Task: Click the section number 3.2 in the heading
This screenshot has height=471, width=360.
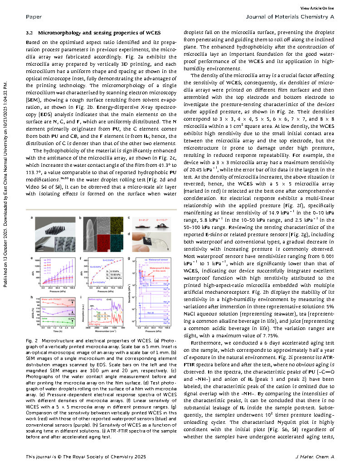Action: [x=29, y=33]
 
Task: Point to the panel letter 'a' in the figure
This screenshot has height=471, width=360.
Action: [x=32, y=219]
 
